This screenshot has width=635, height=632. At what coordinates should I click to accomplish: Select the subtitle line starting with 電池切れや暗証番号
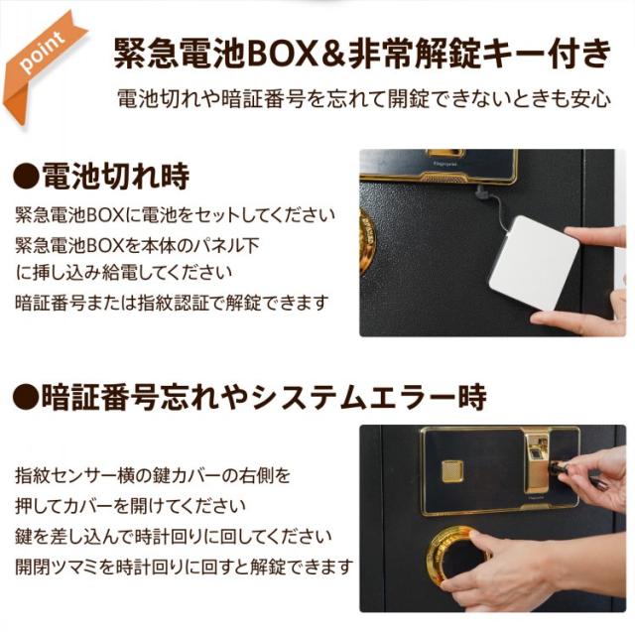pyautogui.click(x=363, y=100)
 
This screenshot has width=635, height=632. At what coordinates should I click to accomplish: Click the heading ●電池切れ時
pyautogui.click(x=102, y=177)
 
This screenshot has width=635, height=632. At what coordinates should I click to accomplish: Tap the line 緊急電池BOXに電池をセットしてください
pyautogui.click(x=176, y=215)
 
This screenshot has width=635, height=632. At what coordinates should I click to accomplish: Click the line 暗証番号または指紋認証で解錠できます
pyautogui.click(x=171, y=302)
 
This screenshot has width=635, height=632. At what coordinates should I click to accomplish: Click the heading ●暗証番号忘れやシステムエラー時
pyautogui.click(x=250, y=398)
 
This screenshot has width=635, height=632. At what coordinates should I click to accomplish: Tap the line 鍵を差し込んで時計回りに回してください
pyautogui.click(x=175, y=537)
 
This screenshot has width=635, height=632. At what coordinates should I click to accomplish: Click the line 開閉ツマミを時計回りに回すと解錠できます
pyautogui.click(x=185, y=568)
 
